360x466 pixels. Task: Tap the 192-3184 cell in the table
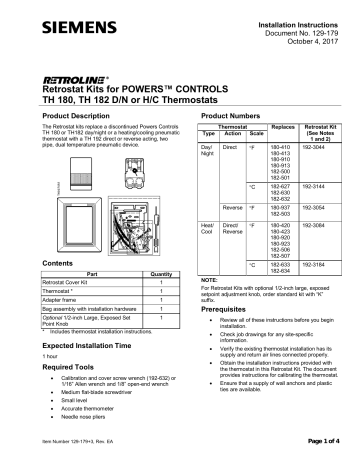pos(321,265)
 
